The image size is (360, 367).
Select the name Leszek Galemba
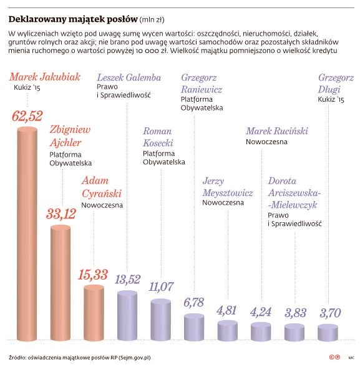[129, 78]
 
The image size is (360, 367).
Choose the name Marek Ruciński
[276, 132]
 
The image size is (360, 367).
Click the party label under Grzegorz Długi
[331, 99]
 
